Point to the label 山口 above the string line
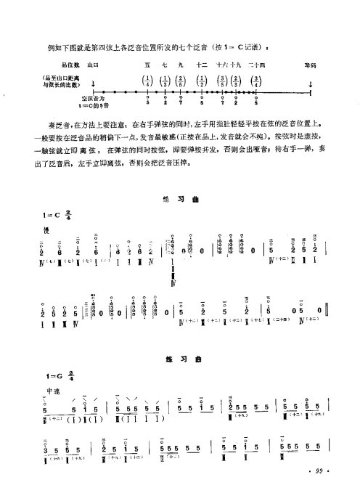point(92,65)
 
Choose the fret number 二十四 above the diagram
point(258,65)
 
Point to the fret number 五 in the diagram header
point(147,65)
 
